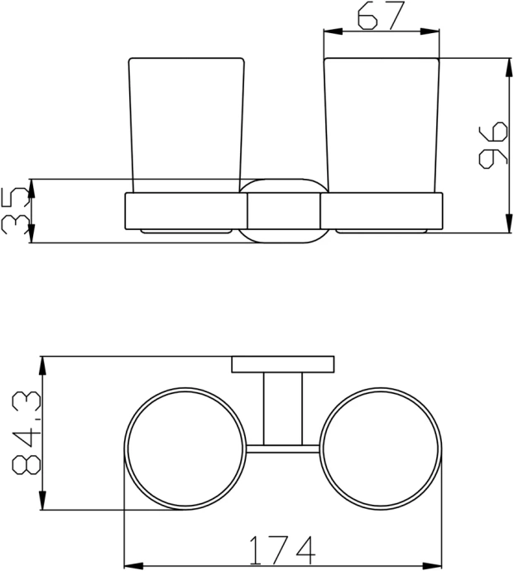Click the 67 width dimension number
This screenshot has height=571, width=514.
[x=381, y=15]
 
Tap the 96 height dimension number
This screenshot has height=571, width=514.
[x=492, y=145]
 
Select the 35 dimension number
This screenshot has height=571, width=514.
[x=15, y=211]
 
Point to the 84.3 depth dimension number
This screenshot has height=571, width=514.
[x=26, y=433]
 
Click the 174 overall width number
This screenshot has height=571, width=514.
[x=282, y=549]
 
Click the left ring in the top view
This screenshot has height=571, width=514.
[x=125, y=449]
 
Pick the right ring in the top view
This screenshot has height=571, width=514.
[x=442, y=449]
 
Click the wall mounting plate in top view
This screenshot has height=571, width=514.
[x=283, y=364]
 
